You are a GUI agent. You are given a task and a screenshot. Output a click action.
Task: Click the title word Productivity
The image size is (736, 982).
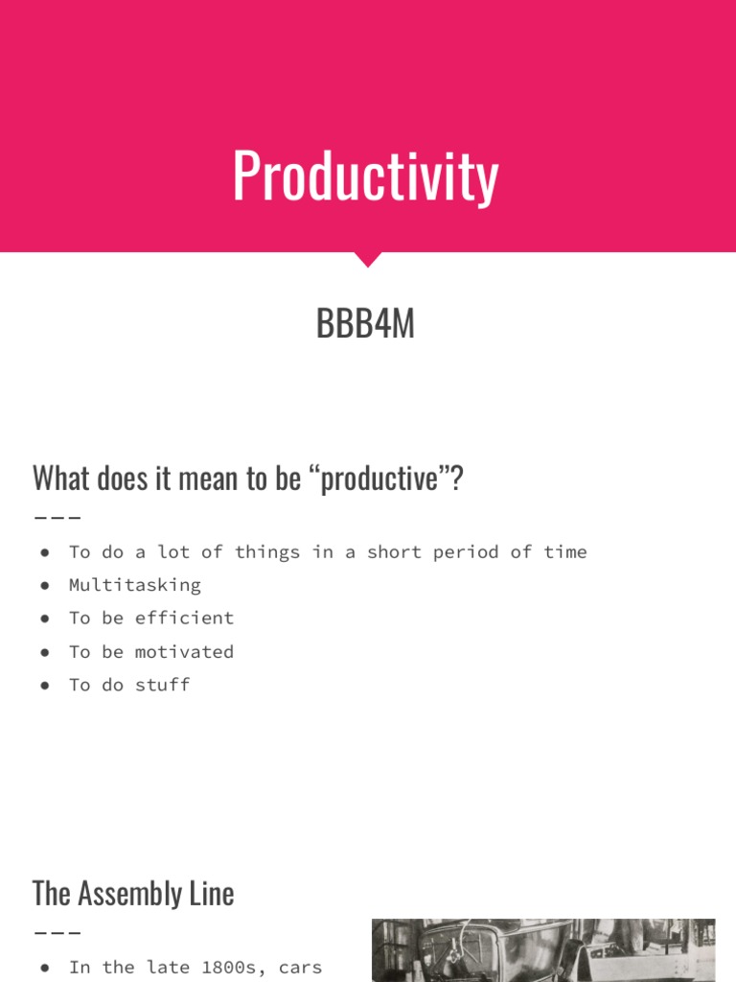365,176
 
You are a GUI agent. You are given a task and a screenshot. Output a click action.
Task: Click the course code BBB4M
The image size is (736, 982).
365,324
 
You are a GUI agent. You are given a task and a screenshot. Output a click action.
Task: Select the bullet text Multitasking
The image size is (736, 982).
134,585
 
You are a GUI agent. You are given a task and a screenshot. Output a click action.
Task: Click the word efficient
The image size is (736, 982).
184,618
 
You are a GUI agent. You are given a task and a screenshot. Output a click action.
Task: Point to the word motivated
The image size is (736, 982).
184,651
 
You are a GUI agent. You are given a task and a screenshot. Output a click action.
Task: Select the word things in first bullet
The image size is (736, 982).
266,551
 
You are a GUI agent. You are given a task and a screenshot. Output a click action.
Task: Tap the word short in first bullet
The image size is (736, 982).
393,551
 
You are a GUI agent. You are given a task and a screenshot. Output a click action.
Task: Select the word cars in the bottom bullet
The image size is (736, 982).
300,967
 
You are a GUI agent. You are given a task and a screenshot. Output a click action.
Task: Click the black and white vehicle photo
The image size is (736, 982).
542,950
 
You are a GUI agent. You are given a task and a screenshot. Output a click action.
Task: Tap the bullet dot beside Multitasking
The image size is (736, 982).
45,585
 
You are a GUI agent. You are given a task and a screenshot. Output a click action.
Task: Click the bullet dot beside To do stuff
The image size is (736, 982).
45,685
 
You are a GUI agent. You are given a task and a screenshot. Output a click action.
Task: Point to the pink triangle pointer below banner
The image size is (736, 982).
367,259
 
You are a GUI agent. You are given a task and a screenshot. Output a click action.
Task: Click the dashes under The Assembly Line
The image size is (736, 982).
57,932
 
